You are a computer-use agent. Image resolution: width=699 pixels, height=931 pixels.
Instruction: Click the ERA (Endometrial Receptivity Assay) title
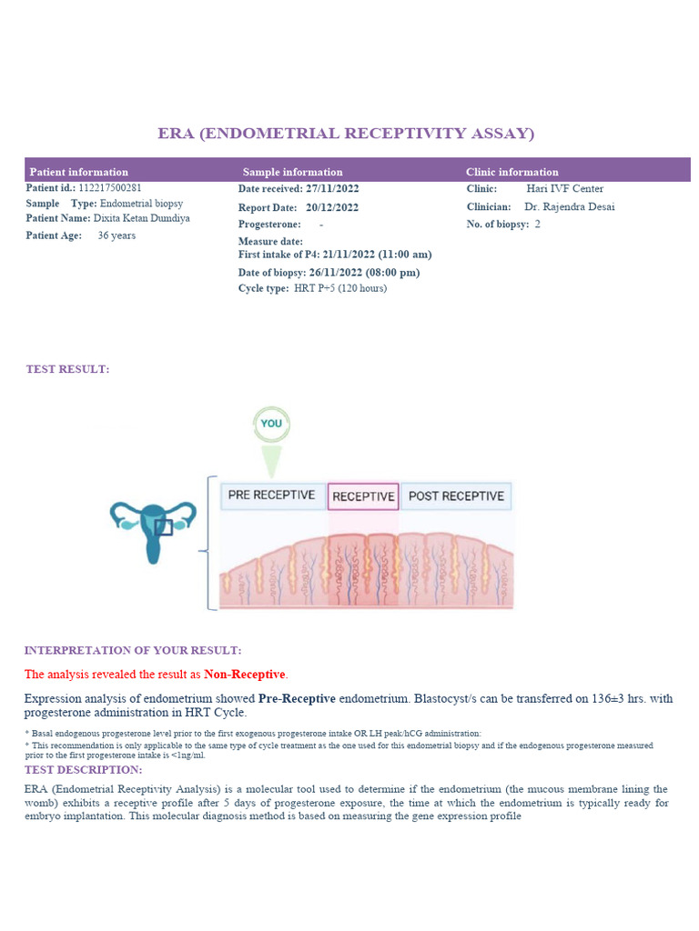[x=346, y=134]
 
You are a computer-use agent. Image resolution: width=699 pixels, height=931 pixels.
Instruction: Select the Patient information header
[x=79, y=172]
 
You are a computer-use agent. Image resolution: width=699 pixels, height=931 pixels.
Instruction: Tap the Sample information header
[x=292, y=172]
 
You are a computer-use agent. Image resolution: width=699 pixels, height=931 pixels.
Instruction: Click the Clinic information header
[x=512, y=172]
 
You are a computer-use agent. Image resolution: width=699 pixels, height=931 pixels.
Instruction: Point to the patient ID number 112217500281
[x=108, y=188]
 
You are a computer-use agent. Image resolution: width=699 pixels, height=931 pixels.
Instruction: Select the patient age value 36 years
[x=116, y=235]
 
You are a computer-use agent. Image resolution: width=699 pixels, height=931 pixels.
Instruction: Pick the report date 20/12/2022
[x=332, y=207]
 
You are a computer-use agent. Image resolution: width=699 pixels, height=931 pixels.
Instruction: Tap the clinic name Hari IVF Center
[x=564, y=189]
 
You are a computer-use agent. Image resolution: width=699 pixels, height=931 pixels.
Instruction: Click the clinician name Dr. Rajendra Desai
[x=570, y=207]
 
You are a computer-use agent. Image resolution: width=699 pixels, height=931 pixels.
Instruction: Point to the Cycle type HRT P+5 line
[x=312, y=288]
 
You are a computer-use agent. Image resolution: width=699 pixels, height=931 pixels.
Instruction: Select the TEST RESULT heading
[x=67, y=369]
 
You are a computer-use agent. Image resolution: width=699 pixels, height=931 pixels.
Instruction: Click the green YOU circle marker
[x=270, y=424]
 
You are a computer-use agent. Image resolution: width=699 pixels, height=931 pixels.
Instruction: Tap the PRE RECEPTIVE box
[x=272, y=496]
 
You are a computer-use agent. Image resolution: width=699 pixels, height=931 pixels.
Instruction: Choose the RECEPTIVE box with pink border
[x=363, y=496]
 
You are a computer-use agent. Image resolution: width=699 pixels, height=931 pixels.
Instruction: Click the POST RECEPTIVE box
[x=456, y=496]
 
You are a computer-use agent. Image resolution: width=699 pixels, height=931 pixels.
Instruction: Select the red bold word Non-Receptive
[x=245, y=675]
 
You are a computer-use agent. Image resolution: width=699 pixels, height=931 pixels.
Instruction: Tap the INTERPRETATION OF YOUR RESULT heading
[x=133, y=650]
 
